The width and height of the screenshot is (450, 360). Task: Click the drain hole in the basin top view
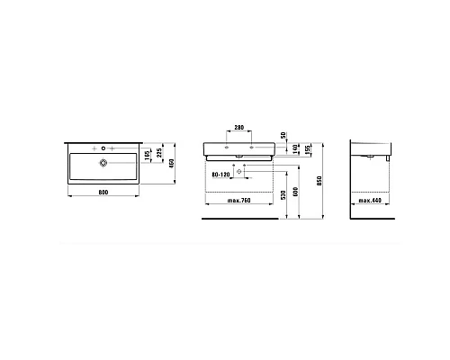(x=104, y=163)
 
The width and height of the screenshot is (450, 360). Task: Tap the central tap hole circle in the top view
(x=104, y=146)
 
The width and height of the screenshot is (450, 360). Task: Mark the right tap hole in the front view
(x=254, y=144)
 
